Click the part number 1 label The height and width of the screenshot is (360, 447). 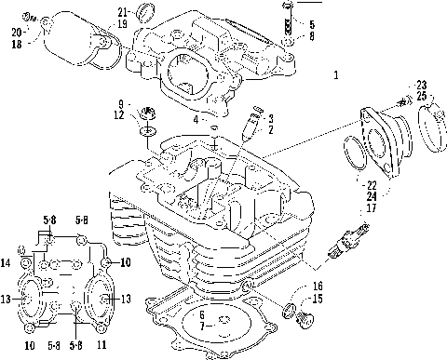335,73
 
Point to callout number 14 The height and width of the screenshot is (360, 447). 7,264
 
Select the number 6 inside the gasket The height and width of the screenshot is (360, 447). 201,314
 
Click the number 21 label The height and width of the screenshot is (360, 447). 123,11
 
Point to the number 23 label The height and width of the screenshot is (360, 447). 421,86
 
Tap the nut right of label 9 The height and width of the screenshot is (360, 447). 147,118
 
